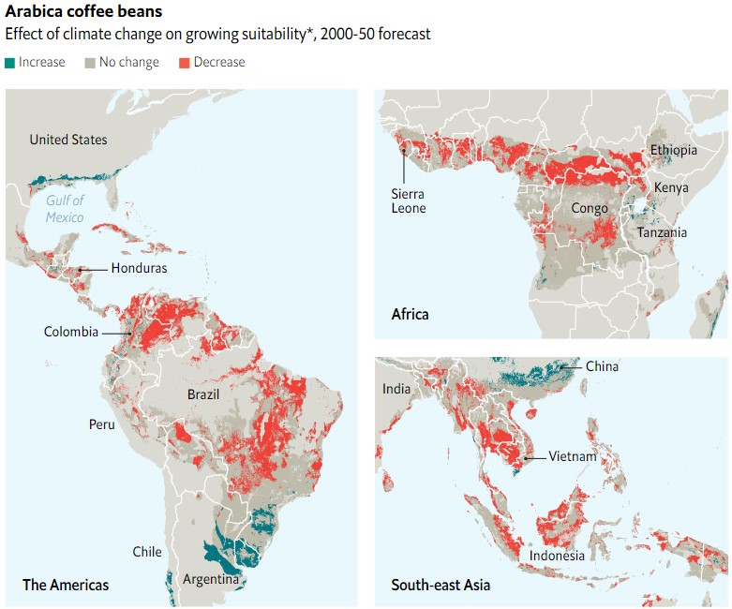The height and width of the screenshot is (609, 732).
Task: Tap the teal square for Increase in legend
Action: pyautogui.click(x=9, y=63)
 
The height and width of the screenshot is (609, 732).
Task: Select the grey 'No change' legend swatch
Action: pyautogui.click(x=91, y=63)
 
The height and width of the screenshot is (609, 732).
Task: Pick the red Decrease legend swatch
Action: pyautogui.click(x=185, y=63)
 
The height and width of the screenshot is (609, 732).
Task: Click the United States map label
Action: pyautogui.click(x=68, y=140)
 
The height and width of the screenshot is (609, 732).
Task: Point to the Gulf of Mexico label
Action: pyautogui.click(x=65, y=208)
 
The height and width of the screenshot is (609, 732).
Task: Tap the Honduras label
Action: pyautogui.click(x=139, y=268)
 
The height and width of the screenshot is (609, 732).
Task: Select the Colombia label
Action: pyautogui.click(x=71, y=332)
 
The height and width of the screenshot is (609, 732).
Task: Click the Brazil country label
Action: pyautogui.click(x=202, y=394)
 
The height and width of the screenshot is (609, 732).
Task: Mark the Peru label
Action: pyautogui.click(x=101, y=424)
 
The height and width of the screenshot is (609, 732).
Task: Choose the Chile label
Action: pyautogui.click(x=147, y=552)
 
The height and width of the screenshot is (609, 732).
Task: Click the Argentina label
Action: pyautogui.click(x=211, y=578)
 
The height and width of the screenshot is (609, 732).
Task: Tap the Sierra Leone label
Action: pyautogui.click(x=409, y=201)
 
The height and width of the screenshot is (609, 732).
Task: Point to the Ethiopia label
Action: pyautogui.click(x=673, y=150)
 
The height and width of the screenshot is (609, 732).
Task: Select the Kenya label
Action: pyautogui.click(x=671, y=187)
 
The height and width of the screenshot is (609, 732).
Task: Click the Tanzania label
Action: pyautogui.click(x=662, y=232)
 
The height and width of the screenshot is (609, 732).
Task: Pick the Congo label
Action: pyautogui.click(x=590, y=208)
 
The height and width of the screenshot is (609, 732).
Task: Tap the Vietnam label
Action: pyautogui.click(x=574, y=457)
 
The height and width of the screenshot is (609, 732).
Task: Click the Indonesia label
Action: pyautogui.click(x=557, y=556)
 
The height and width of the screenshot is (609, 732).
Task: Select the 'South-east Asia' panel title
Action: pyautogui.click(x=440, y=586)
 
